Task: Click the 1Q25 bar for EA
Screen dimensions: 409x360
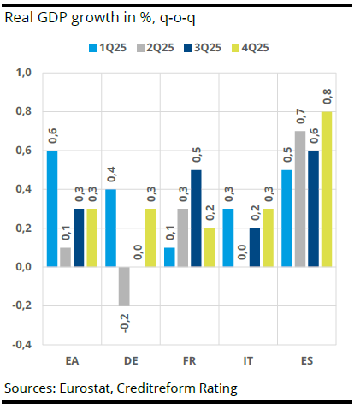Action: click(x=52, y=208)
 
